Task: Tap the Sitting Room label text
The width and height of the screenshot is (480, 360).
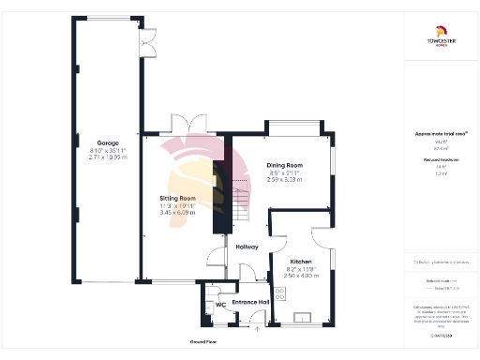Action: [177, 199]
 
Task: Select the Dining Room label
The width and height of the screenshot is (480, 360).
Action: [284, 164]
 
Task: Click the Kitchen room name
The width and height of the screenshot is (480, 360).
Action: [300, 262]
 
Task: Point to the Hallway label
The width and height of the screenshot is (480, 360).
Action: [247, 247]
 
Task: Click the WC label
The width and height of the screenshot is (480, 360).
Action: [220, 305]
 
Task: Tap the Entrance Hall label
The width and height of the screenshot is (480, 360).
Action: [251, 303]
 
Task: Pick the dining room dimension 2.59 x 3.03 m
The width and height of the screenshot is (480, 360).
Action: [284, 179]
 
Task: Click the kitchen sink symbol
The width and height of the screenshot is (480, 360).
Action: [303, 317]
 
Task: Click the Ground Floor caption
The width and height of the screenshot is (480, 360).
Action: [204, 342]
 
